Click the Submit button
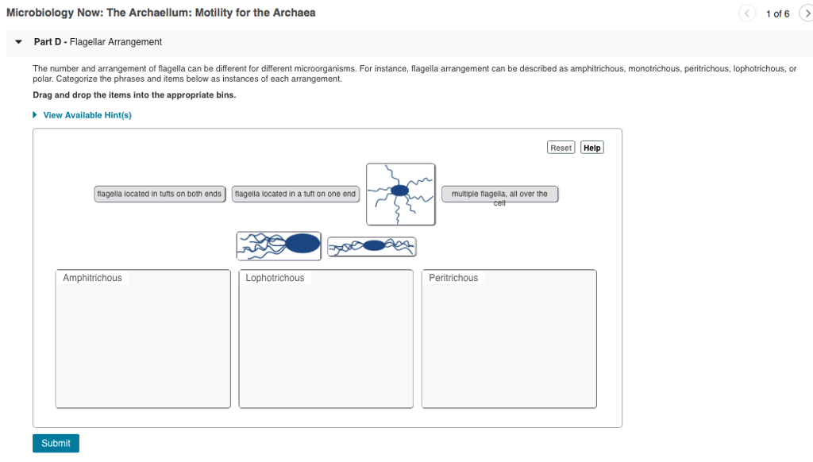(x=56, y=443)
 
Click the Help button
(x=591, y=148)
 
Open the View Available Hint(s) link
(x=87, y=115)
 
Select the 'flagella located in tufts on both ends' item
(x=159, y=194)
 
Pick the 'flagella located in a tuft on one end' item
(x=295, y=194)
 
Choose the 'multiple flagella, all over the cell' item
(x=499, y=194)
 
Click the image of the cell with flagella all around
(x=400, y=194)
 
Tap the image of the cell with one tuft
(x=279, y=245)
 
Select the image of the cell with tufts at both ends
(x=372, y=247)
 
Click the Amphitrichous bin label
(x=93, y=278)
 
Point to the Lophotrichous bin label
(x=275, y=278)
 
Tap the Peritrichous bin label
(x=453, y=278)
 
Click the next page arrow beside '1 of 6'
(x=805, y=13)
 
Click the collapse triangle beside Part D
(x=17, y=42)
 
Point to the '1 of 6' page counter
(x=777, y=13)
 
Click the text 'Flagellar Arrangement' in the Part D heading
(x=116, y=42)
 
